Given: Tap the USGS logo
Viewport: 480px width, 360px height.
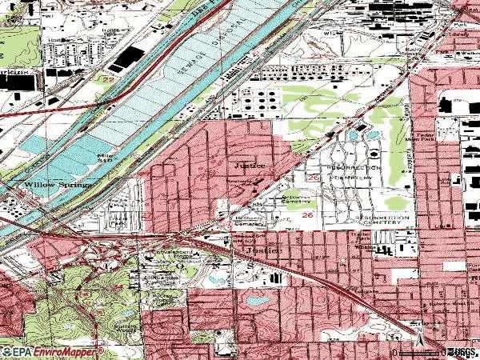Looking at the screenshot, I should (x=459, y=352).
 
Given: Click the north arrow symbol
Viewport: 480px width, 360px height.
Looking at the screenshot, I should (x=418, y=328).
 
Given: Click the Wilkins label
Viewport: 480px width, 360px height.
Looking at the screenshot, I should (x=366, y=250).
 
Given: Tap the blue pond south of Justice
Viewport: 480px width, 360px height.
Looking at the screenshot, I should (x=256, y=300).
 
